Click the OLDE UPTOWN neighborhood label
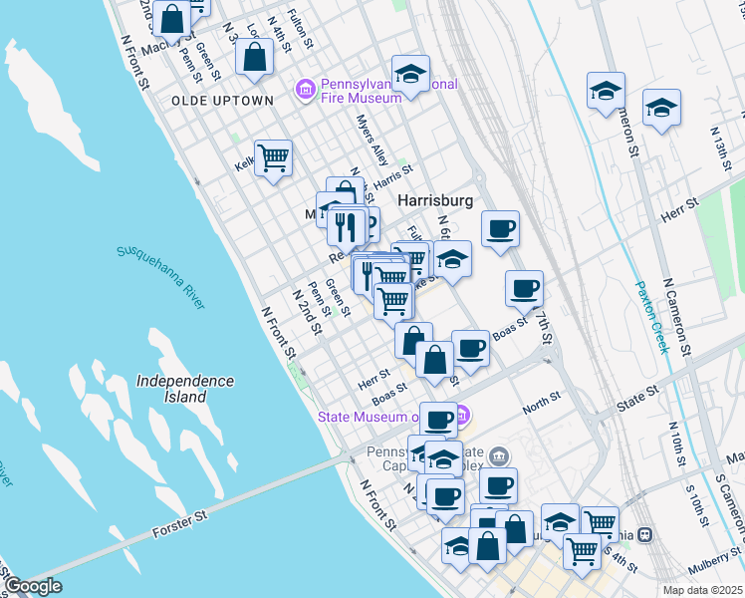point(222,101)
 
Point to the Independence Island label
point(185,389)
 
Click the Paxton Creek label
point(652,317)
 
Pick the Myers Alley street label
point(372,141)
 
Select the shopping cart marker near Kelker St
point(273,156)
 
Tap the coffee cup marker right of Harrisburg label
point(501,228)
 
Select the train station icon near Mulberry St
point(645,535)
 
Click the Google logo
point(34,586)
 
